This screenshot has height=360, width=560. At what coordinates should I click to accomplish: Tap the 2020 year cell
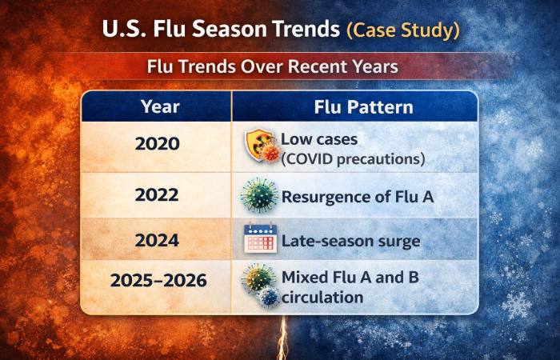[157, 145]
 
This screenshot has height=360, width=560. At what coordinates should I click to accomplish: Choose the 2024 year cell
[157, 240]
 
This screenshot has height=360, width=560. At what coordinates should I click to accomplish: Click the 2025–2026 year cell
[157, 282]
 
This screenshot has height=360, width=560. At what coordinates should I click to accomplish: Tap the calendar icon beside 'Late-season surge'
[259, 240]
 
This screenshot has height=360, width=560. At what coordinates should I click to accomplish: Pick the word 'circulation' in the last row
[322, 297]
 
